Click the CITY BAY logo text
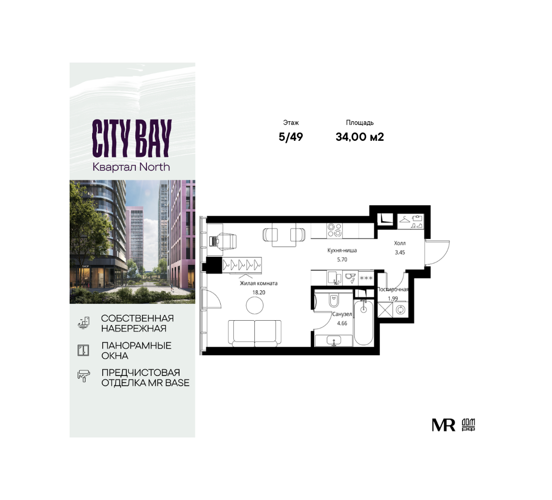[132, 138]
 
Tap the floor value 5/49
[291, 137]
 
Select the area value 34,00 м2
[360, 137]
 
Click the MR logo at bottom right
[444, 425]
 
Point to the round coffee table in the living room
[254, 305]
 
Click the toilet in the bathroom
[334, 300]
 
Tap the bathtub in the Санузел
[364, 322]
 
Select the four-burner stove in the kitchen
[335, 230]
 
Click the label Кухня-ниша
[342, 250]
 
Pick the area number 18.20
[259, 292]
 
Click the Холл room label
[399, 243]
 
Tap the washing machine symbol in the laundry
[401, 310]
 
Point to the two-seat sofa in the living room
[254, 333]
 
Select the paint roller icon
[84, 376]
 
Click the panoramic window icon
[84, 350]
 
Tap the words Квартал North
[131, 167]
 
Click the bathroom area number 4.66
[342, 324]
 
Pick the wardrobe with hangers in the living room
[242, 265]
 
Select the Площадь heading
[360, 123]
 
